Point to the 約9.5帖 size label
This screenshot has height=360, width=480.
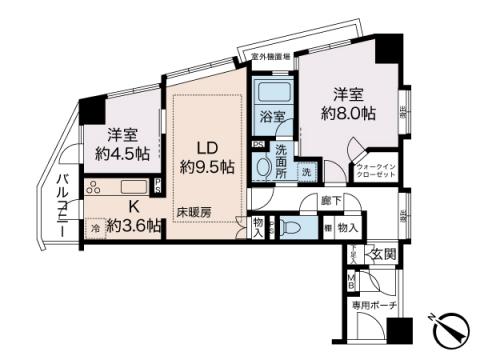(x=207, y=166)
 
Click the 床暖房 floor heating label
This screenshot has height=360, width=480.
(x=194, y=213)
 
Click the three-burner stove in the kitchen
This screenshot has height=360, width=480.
(x=94, y=187)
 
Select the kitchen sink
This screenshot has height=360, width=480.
(x=134, y=187)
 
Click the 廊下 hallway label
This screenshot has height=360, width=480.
(x=331, y=202)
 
